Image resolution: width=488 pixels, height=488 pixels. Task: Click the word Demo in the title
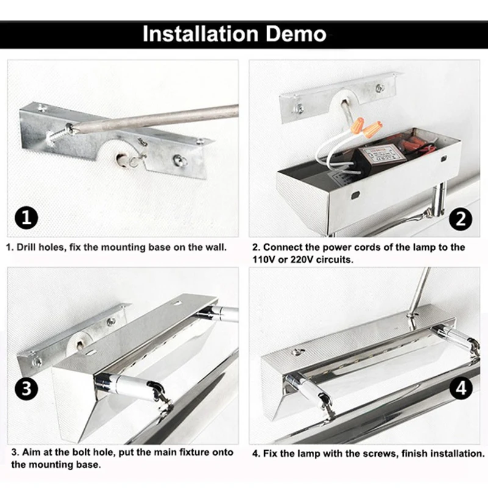coord(296,34)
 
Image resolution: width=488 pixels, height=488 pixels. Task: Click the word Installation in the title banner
coord(201,34)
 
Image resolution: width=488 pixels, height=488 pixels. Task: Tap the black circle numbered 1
coord(26,218)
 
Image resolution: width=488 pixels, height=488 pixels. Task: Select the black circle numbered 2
coord(461,219)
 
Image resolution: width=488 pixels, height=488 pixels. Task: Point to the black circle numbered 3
coord(26,389)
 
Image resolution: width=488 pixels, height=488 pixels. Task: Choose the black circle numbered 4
coord(461,388)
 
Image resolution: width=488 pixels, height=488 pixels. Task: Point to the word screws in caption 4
coord(380,453)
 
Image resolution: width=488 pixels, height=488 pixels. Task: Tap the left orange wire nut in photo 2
coord(359,123)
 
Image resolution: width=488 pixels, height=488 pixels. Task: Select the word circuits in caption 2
coord(335,259)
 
